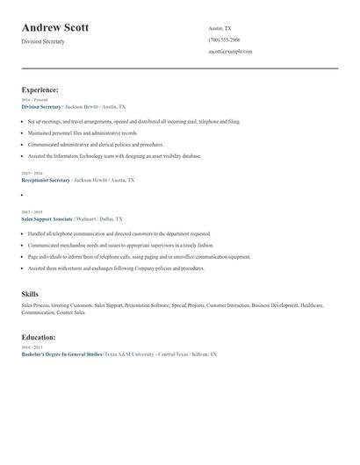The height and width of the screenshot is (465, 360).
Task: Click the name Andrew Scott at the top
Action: (x=60, y=27)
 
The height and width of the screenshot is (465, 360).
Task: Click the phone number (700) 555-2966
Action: (x=225, y=40)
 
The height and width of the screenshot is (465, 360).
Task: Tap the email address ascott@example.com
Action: (x=230, y=52)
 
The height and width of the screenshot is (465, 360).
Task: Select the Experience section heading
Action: (x=40, y=89)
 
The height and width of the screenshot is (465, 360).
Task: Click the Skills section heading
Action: (x=30, y=294)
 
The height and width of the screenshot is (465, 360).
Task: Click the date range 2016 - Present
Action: (x=34, y=100)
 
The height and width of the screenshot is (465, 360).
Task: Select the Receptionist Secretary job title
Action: (x=46, y=180)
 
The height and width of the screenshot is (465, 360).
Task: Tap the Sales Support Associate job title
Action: (x=47, y=218)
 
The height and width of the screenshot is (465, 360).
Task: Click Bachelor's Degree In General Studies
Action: (x=61, y=354)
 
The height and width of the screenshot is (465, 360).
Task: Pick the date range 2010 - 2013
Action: (x=31, y=347)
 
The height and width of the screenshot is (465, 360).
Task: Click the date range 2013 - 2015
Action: (x=31, y=212)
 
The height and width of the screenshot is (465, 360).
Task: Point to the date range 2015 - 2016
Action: (x=31, y=174)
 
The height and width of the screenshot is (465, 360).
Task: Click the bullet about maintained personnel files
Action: (x=83, y=132)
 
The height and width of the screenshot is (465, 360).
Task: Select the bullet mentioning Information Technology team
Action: (x=114, y=155)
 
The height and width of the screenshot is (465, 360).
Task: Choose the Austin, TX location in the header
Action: (x=220, y=29)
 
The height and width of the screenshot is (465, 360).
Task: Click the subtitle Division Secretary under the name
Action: (x=43, y=41)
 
